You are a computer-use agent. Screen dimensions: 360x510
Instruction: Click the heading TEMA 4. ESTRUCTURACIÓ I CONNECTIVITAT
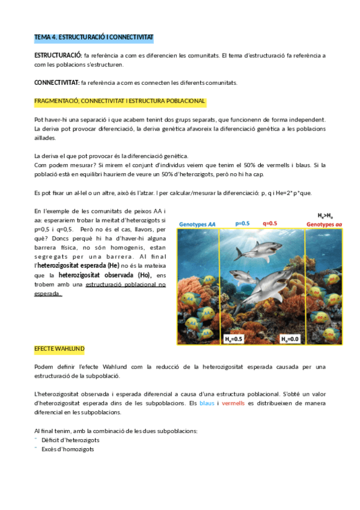94,38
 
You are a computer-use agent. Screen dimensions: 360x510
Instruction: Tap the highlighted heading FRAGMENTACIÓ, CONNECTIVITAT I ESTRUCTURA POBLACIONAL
121,101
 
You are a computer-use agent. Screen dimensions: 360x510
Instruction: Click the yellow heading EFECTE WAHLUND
59,349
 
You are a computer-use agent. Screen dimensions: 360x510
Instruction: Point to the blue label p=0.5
242,224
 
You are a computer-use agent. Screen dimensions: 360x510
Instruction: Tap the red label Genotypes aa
325,224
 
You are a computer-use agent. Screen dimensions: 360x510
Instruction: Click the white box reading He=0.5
234,339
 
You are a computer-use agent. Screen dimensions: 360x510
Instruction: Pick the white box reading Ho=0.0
291,339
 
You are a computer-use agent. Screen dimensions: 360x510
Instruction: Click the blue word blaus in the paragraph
206,404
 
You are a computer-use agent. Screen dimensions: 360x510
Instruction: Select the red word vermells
233,404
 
